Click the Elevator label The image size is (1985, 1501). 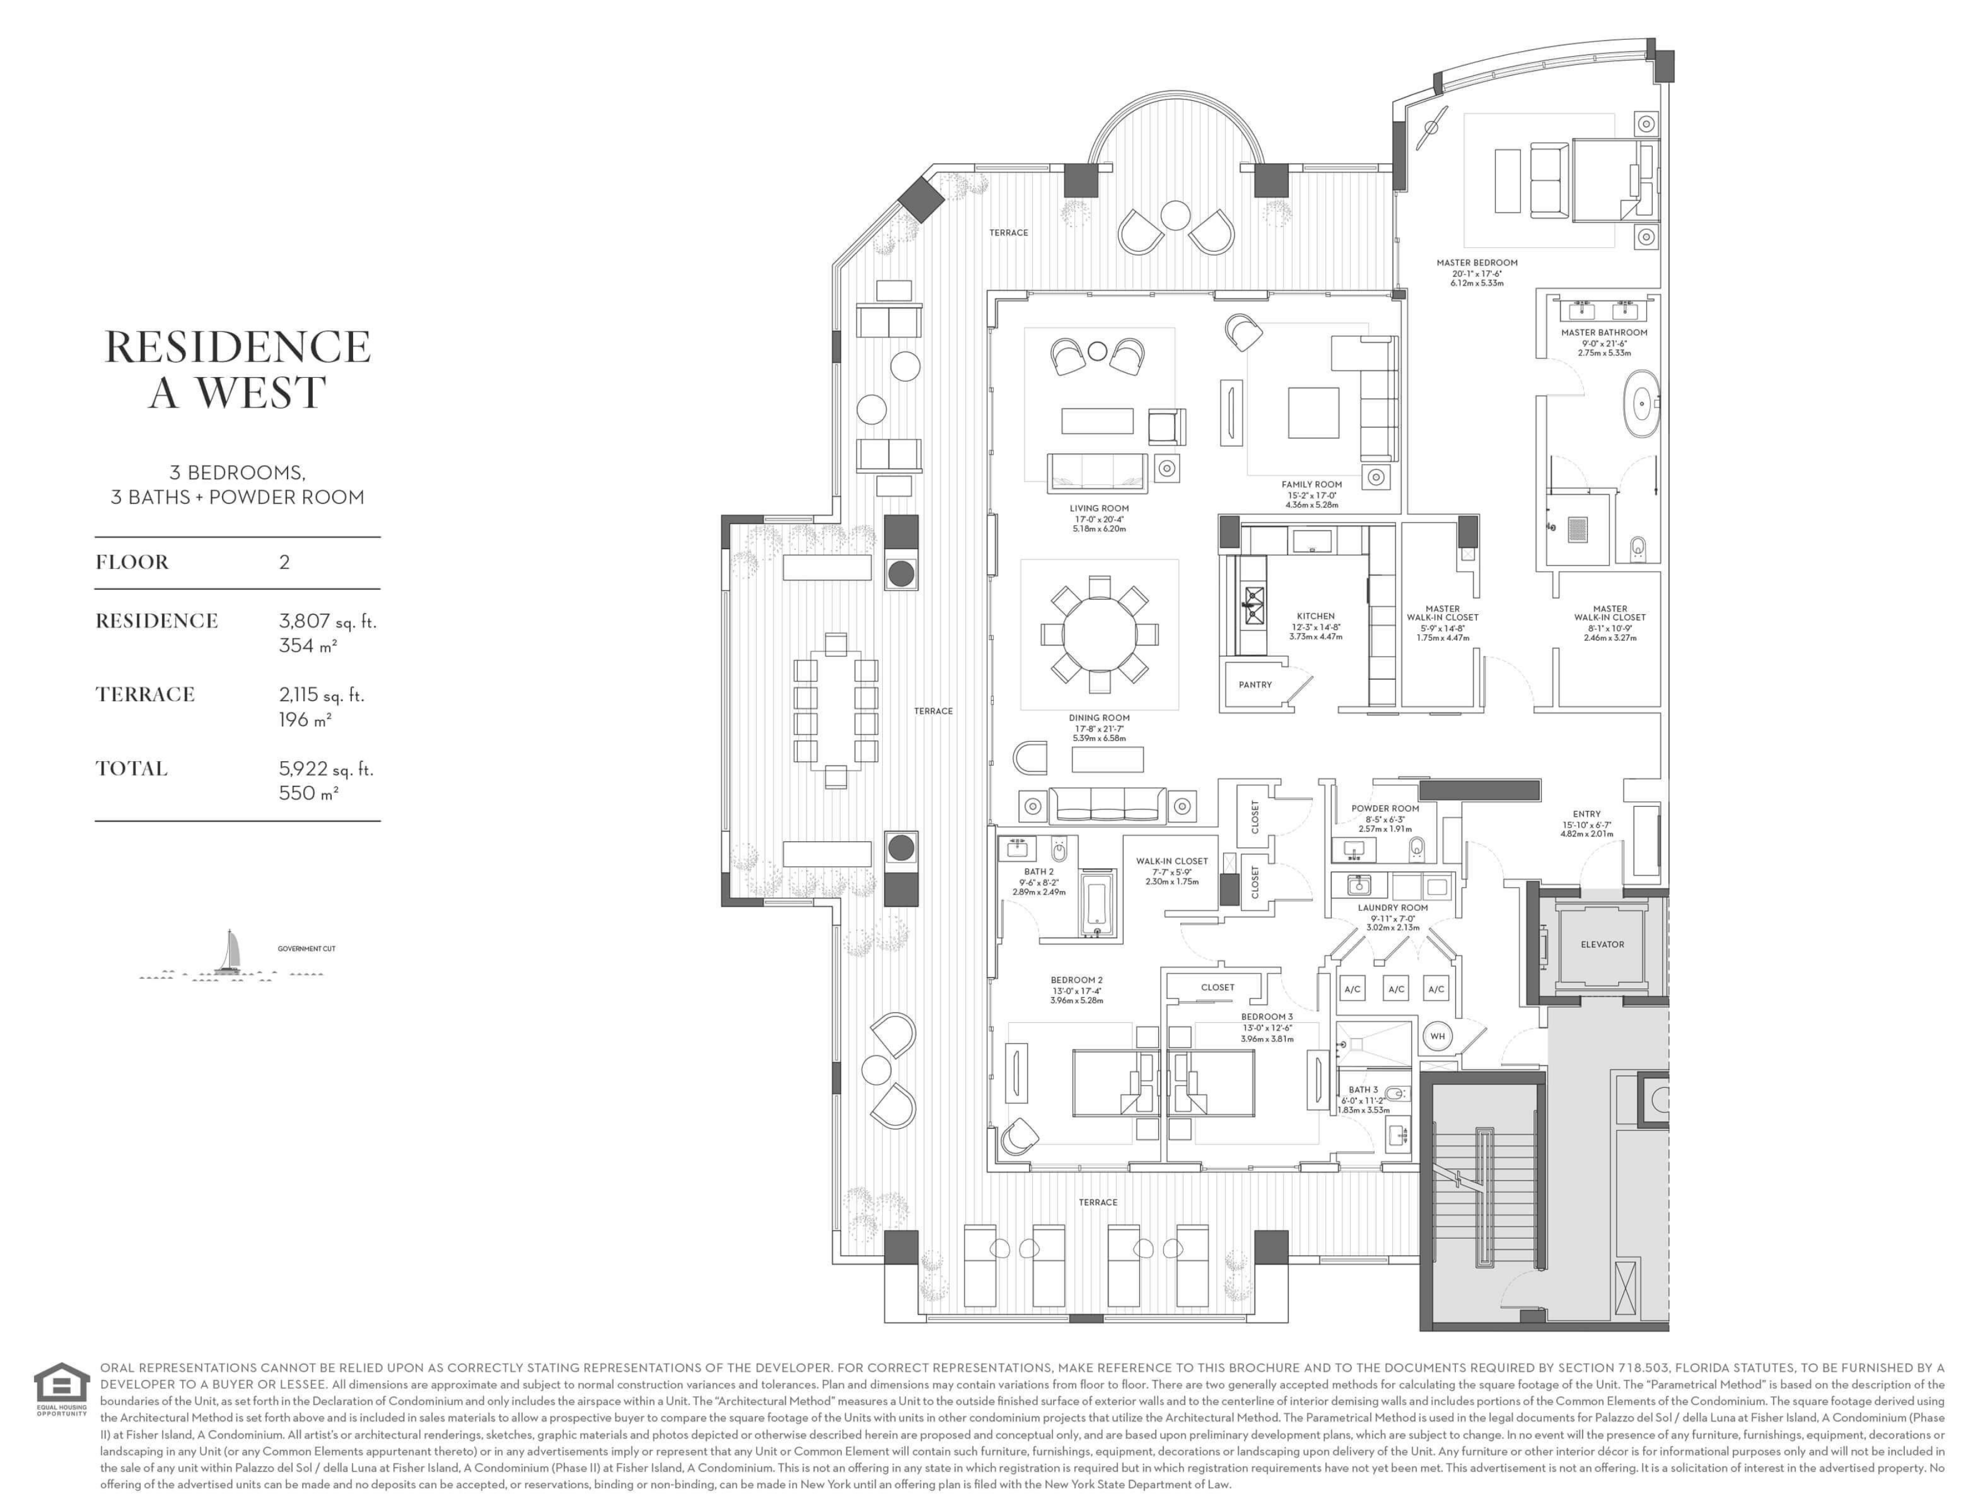[x=1602, y=944]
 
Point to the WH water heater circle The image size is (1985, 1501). [x=1437, y=1036]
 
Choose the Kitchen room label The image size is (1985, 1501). [x=1315, y=617]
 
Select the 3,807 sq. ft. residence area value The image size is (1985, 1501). [x=327, y=621]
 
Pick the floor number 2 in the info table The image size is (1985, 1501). [x=285, y=563]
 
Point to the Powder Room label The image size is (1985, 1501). [x=1385, y=809]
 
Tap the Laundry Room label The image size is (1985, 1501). [x=1393, y=907]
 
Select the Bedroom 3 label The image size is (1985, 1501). [x=1267, y=1017]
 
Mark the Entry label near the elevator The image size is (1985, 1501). [x=1587, y=814]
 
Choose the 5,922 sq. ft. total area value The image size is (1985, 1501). [x=326, y=770]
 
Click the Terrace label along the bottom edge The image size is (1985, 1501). [x=1097, y=1202]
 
